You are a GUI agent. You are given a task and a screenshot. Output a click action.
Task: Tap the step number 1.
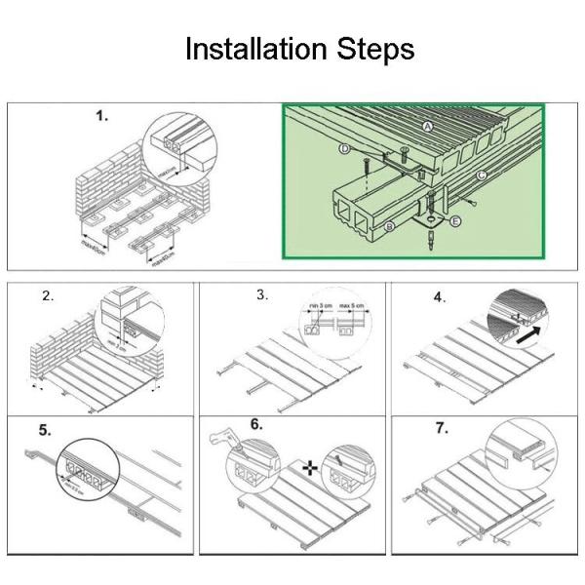(101, 116)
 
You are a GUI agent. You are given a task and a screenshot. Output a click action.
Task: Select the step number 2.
(47, 296)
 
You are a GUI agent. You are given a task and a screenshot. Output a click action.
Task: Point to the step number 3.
(261, 294)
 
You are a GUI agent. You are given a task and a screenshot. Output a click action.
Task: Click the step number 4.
(439, 296)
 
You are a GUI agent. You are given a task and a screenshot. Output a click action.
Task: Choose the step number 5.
(47, 428)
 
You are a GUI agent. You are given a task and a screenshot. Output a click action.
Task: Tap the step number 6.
(256, 425)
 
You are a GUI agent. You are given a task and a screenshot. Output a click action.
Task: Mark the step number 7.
(439, 428)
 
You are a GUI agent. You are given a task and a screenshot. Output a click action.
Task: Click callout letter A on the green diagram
(428, 127)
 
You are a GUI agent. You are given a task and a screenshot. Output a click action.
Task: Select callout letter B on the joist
(389, 227)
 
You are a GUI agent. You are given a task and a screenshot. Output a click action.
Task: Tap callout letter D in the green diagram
(345, 148)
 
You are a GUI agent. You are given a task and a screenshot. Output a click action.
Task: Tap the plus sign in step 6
(311, 469)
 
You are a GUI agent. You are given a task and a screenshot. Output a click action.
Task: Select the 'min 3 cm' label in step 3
(319, 306)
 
